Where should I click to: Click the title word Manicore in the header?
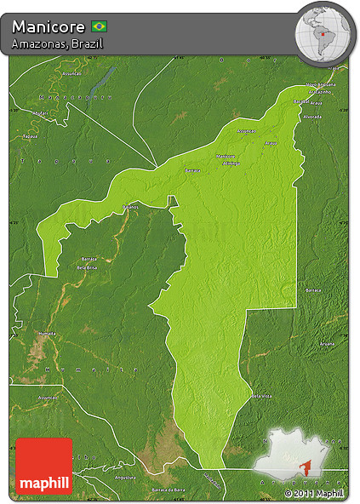(48, 26)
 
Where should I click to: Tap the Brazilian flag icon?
(99, 26)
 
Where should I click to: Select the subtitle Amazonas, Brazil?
(48, 43)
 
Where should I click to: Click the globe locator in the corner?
(323, 31)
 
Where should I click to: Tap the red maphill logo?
(43, 467)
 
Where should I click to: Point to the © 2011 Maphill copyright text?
(314, 493)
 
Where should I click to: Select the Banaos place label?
(129, 206)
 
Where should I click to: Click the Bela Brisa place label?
(89, 267)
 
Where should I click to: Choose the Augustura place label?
(125, 477)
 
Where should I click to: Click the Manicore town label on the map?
(226, 156)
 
